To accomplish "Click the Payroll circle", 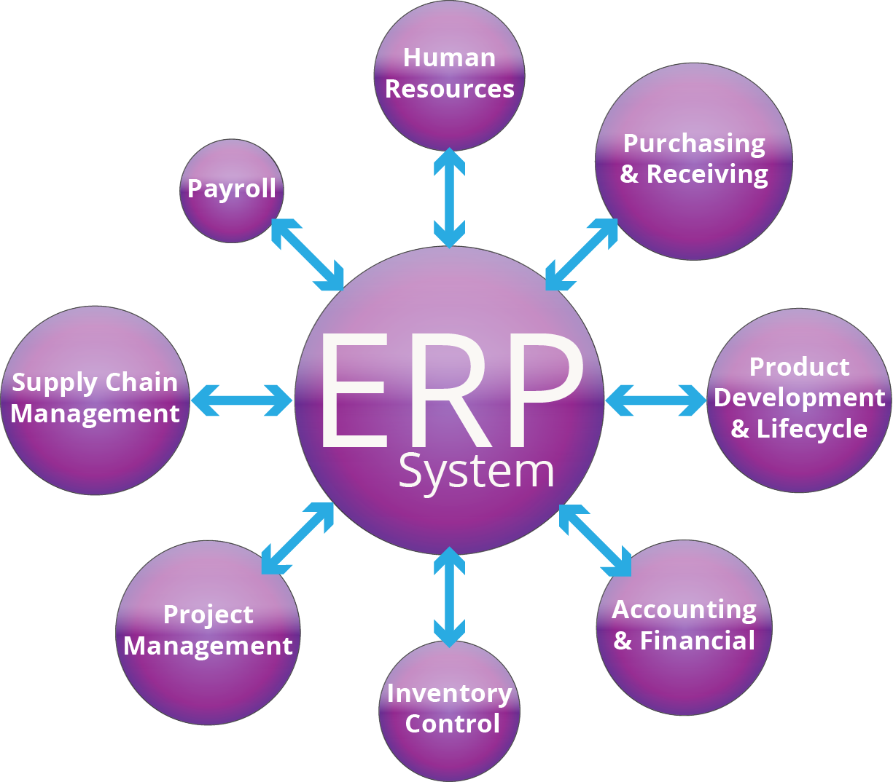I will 231,190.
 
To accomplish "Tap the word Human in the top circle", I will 449,58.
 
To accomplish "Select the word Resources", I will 449,89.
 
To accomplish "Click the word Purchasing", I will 694,143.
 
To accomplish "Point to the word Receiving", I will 707,174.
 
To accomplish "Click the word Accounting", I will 684,609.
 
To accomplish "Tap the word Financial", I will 697,641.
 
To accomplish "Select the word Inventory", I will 449,693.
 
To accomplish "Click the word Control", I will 452,724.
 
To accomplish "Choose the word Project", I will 208,615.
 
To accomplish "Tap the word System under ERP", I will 476,472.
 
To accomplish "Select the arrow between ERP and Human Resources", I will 449,197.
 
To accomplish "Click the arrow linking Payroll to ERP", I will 307,254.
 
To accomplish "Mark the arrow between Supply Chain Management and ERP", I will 241,400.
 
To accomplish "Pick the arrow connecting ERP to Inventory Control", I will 449,596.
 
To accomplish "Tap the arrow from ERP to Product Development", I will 655,400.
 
